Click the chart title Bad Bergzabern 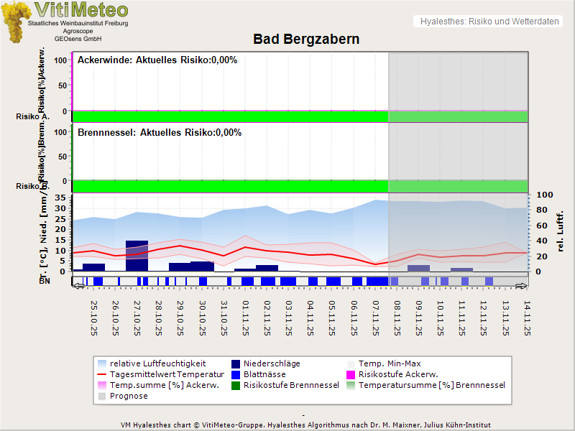[306, 40]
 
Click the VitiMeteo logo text [80, 10]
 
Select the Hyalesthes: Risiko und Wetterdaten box [489, 22]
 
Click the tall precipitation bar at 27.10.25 [137, 256]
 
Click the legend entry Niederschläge [272, 363]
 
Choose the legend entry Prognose [129, 396]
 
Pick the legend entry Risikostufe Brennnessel [291, 385]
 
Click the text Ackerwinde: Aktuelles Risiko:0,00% [157, 60]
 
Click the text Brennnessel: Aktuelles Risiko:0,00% [160, 133]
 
